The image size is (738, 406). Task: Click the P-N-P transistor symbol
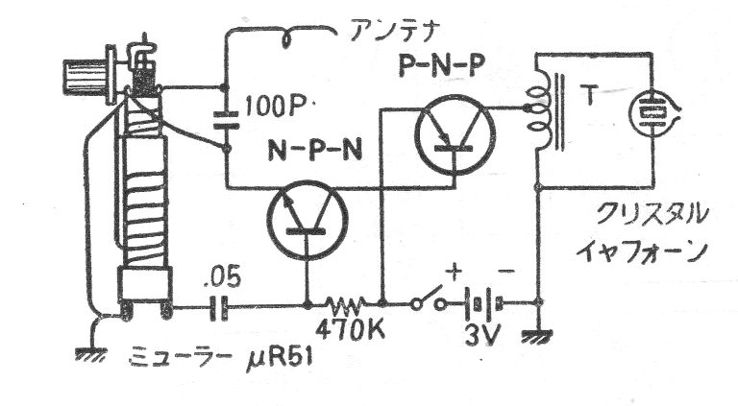coord(455,134)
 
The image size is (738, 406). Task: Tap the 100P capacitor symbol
coord(226,119)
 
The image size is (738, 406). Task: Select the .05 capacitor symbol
coord(219,308)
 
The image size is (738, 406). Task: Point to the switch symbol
coord(428,298)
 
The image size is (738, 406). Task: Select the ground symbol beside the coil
coord(91,353)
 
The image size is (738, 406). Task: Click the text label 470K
coord(350,330)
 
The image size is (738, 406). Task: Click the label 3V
coord(483,334)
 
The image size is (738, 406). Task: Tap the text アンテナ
coord(395,32)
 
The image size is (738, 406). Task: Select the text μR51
coord(280,359)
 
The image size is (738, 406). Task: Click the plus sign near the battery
coord(455,273)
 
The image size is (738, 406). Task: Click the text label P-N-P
coord(440,67)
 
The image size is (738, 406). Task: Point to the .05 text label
coord(222,276)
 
